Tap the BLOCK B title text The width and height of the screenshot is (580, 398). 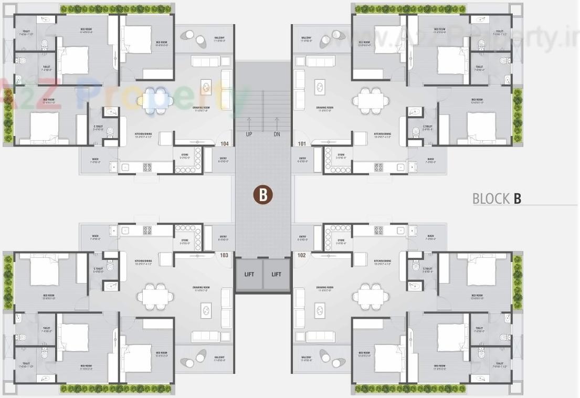click(497, 199)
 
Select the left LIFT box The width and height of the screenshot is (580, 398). click(249, 274)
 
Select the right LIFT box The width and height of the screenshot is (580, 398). click(277, 274)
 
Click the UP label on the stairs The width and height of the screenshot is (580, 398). click(249, 134)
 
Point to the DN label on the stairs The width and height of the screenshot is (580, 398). click(277, 134)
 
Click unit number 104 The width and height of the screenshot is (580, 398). click(225, 143)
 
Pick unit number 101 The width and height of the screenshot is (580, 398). click(301, 143)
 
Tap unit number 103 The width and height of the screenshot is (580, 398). click(225, 255)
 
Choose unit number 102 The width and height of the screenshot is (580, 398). click(301, 255)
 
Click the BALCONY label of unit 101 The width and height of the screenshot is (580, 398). click(307, 38)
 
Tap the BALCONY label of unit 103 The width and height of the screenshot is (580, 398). click(219, 360)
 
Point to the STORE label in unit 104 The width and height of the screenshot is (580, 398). click(185, 155)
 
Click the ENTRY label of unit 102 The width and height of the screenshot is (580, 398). click(302, 238)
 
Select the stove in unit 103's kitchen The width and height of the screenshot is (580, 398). click(147, 230)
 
